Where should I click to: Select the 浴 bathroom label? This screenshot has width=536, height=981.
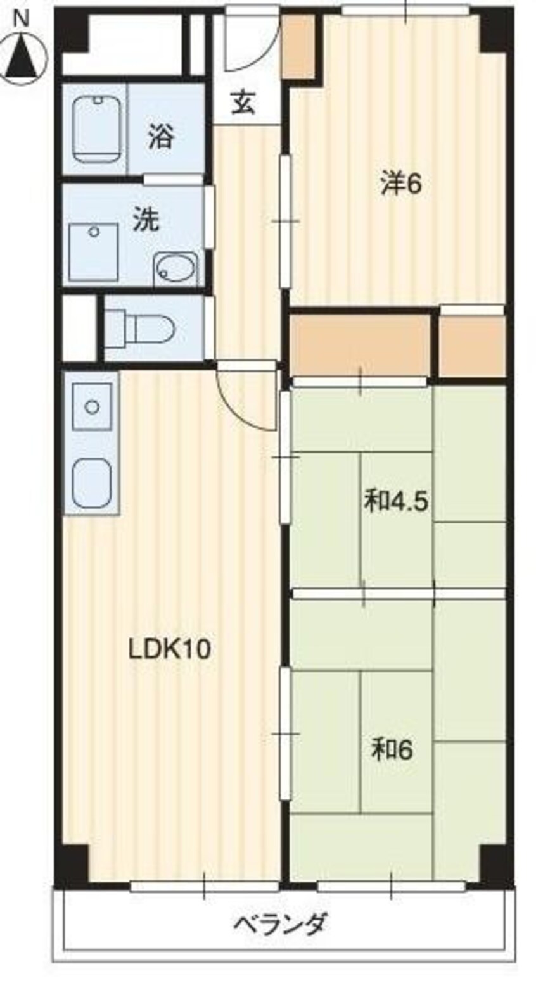tap(161, 137)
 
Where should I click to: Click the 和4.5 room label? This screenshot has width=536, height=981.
tap(396, 503)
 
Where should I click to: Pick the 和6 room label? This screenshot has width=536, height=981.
tap(392, 751)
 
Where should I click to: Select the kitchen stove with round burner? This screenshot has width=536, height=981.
tap(93, 406)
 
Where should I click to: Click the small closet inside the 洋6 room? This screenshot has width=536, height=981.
tap(298, 47)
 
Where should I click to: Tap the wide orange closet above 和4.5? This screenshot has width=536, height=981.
tap(360, 344)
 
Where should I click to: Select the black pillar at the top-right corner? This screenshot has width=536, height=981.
tap(495, 29)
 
